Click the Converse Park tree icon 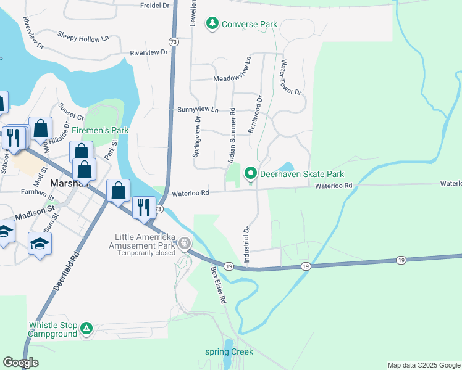212,24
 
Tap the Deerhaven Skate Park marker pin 250,174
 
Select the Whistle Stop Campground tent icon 87,330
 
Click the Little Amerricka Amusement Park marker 185,245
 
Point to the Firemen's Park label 99,130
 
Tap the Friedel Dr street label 154,6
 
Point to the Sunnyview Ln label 198,109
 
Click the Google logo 20,363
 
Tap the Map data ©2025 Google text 423,365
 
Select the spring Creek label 229,352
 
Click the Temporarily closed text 146,253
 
